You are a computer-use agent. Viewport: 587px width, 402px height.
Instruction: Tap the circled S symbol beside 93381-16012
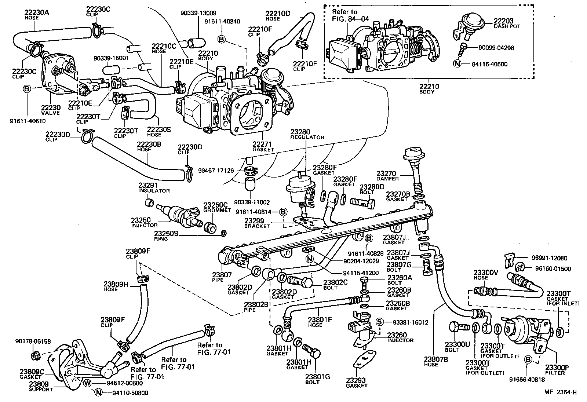pyautogui.click(x=380, y=322)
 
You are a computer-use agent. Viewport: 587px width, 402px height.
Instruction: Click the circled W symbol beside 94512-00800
pyautogui.click(x=87, y=383)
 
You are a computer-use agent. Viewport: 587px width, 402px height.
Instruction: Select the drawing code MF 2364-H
pyautogui.click(x=560, y=392)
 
